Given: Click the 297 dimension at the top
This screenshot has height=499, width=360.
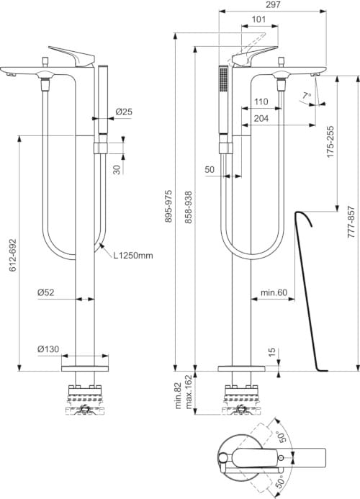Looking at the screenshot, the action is pos(273,4).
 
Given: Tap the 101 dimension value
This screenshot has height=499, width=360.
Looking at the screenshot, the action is pos(258,19).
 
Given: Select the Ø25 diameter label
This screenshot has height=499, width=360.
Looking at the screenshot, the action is pos(124,112).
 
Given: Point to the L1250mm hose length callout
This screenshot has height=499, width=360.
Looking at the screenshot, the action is pos(133,255).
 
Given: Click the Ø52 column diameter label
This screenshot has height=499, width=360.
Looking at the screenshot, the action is pos(46,292).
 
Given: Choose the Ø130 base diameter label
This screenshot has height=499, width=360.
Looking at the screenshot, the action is pos(48,349).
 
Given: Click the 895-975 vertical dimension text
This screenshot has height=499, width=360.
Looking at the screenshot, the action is pos(168,206).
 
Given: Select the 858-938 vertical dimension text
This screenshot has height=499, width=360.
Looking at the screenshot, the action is pos(189,207).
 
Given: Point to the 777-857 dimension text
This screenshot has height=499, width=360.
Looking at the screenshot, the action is pos(351,222).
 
